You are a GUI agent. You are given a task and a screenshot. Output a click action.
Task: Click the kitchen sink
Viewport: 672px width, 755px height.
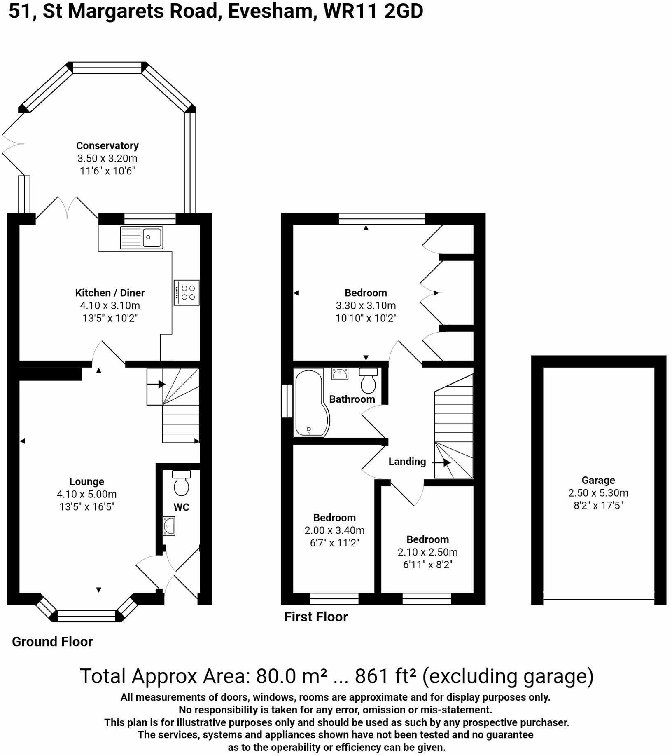point(141,237)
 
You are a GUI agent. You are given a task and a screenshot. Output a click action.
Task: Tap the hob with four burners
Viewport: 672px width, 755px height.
point(187,293)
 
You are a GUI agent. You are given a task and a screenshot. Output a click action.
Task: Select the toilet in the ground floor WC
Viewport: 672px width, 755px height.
point(181,482)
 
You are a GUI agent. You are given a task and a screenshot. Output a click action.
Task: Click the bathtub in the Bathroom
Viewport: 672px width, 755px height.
point(311,403)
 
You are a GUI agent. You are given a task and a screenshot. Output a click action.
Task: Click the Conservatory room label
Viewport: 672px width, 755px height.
point(107,145)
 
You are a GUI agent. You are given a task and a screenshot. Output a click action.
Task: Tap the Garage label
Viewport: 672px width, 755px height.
point(598,480)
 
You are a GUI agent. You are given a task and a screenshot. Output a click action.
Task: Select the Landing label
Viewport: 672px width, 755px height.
point(407,462)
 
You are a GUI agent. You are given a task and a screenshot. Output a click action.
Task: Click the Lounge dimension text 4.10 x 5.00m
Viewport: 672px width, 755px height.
point(86,494)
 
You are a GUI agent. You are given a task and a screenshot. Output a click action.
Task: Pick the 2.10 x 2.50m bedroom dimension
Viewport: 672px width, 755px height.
point(427,552)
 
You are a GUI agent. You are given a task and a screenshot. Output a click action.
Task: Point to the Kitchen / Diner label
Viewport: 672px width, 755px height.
point(110,293)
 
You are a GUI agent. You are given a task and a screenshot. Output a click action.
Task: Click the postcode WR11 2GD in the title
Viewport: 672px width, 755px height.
point(373,12)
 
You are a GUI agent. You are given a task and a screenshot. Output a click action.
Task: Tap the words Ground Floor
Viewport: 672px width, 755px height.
point(52,642)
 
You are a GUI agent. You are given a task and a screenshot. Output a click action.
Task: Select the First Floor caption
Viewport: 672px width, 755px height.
point(316,617)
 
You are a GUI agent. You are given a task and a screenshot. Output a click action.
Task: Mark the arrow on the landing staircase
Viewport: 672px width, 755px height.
point(441,463)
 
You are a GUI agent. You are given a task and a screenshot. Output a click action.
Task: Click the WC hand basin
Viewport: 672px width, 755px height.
point(169,526)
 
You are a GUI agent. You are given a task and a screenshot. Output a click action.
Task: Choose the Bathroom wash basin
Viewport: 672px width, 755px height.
point(340,374)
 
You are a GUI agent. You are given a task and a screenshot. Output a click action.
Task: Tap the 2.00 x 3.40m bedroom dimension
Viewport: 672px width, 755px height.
point(334,530)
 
